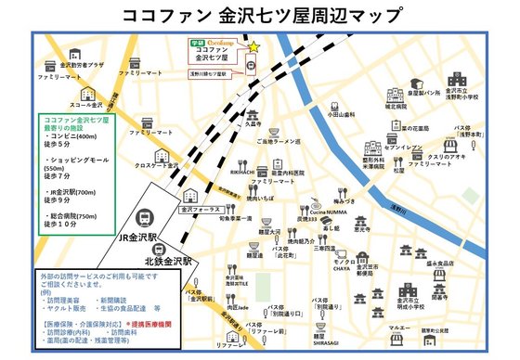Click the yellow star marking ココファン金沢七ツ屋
tap(253, 45)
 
